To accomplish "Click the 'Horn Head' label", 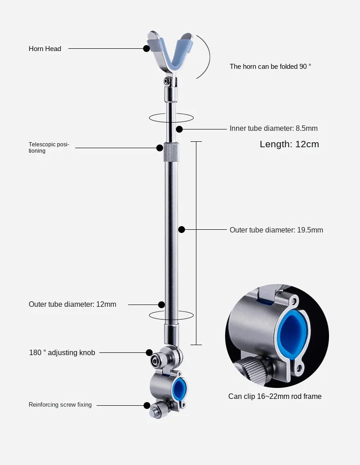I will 45,49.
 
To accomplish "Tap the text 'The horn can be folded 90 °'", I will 270,67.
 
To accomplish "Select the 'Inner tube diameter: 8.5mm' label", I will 273,129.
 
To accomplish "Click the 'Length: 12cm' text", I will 289,145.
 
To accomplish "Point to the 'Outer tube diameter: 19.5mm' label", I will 276,230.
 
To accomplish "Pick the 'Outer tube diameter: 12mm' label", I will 72,305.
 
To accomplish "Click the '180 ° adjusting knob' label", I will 62,353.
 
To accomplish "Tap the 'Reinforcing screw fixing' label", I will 60,405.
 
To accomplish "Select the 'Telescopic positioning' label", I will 49,147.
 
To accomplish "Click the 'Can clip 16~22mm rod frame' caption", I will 275,397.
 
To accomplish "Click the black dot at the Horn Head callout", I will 146,48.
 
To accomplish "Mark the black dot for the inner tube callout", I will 180,129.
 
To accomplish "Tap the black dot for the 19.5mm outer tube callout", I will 181,230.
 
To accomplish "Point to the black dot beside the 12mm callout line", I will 161,304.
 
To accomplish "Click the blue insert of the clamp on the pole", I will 180,388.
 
